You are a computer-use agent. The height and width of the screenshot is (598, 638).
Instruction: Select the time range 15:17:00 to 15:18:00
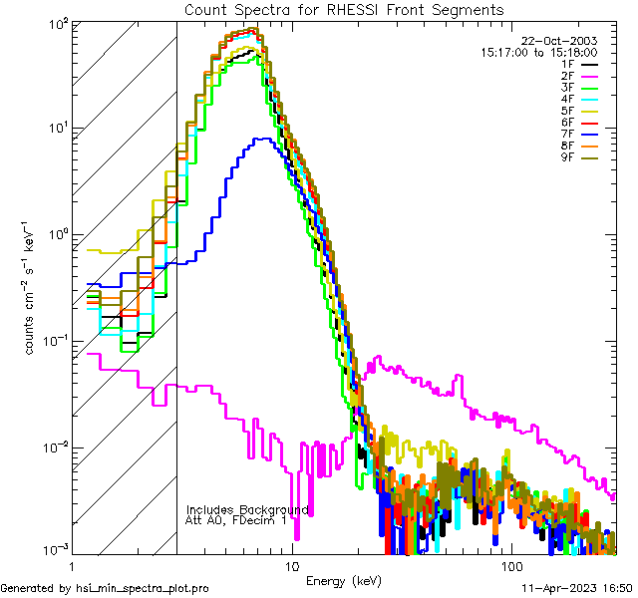coord(538,52)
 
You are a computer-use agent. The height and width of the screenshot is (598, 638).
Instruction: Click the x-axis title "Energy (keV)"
coord(343,581)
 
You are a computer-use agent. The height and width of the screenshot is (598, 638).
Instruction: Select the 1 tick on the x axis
coord(72,565)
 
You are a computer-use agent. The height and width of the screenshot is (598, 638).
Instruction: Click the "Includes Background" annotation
coord(247,509)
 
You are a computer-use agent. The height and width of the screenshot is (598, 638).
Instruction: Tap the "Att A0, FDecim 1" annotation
coord(235,520)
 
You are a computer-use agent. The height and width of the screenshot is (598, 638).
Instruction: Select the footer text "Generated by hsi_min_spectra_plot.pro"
coord(105,588)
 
